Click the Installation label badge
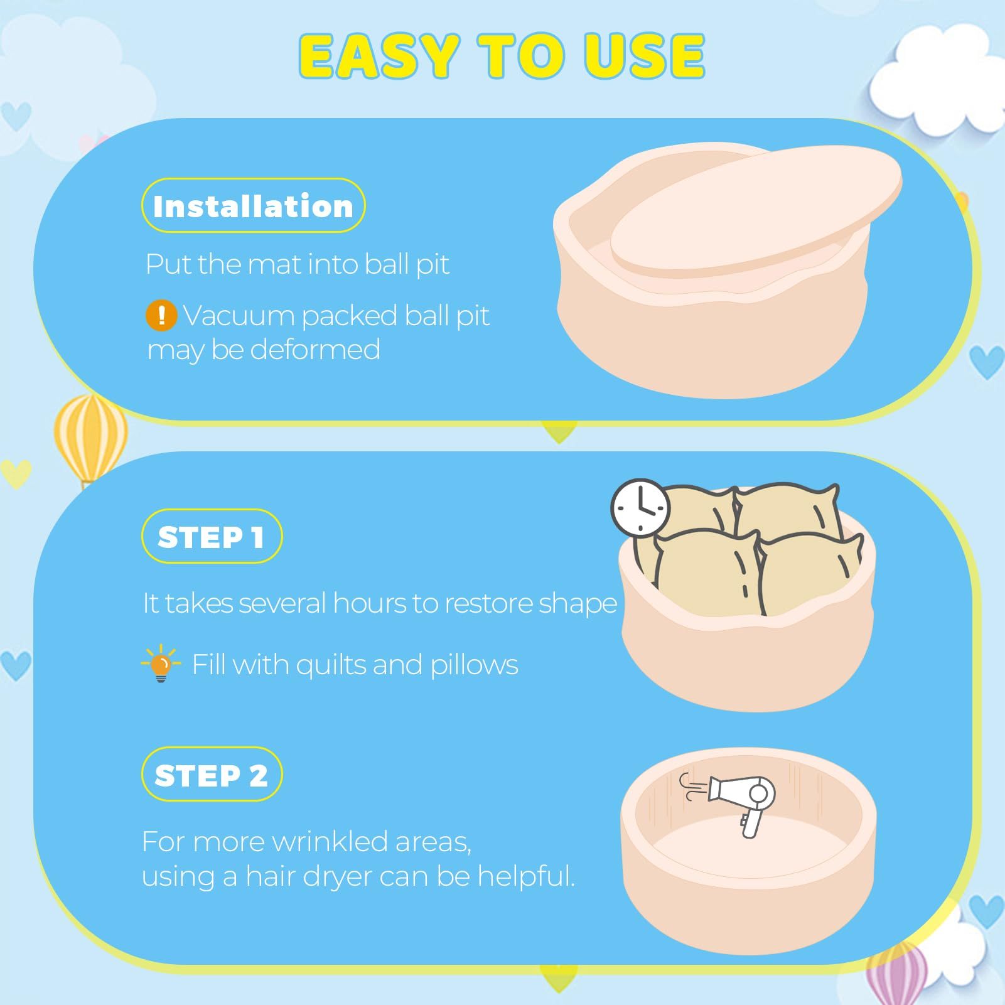point(254,206)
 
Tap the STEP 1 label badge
point(212,537)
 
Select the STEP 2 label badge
point(212,775)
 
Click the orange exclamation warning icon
point(161,315)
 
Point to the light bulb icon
point(161,664)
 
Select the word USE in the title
point(643,56)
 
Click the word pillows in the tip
point(474,665)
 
